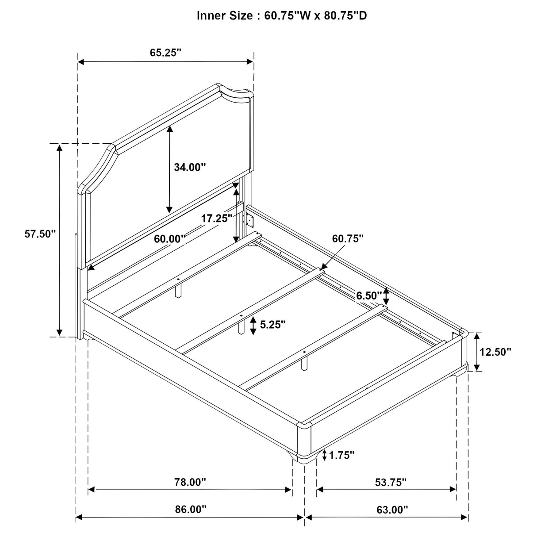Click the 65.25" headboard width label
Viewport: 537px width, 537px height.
[x=166, y=53]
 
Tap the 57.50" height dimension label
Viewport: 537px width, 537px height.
[x=40, y=234]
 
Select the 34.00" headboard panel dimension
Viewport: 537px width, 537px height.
[x=190, y=167]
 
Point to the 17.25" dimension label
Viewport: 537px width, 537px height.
[x=216, y=218]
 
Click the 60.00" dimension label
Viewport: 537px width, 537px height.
[x=170, y=239]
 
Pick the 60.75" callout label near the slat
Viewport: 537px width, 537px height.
[x=348, y=238]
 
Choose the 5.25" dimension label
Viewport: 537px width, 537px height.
[x=273, y=324]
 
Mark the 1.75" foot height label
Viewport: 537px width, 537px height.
[x=341, y=455]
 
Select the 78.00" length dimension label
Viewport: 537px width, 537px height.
[x=190, y=482]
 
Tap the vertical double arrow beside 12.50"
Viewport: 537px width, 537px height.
[x=477, y=352]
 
